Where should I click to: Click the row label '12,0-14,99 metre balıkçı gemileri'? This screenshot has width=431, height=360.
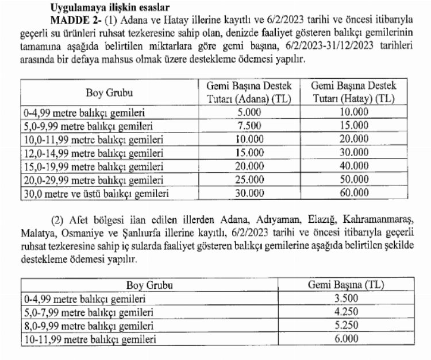86,153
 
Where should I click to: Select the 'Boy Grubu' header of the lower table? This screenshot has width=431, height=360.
148,285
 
